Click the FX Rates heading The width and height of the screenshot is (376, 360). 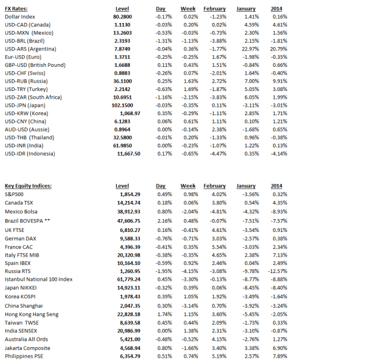pos(16,9)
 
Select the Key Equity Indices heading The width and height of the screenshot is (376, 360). pos(28,186)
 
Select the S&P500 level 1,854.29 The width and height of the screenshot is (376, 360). pos(129,194)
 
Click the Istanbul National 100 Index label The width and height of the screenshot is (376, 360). pos(38,280)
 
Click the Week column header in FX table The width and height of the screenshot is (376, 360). pos(187,9)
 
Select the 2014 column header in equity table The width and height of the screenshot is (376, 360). pos(277,186)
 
